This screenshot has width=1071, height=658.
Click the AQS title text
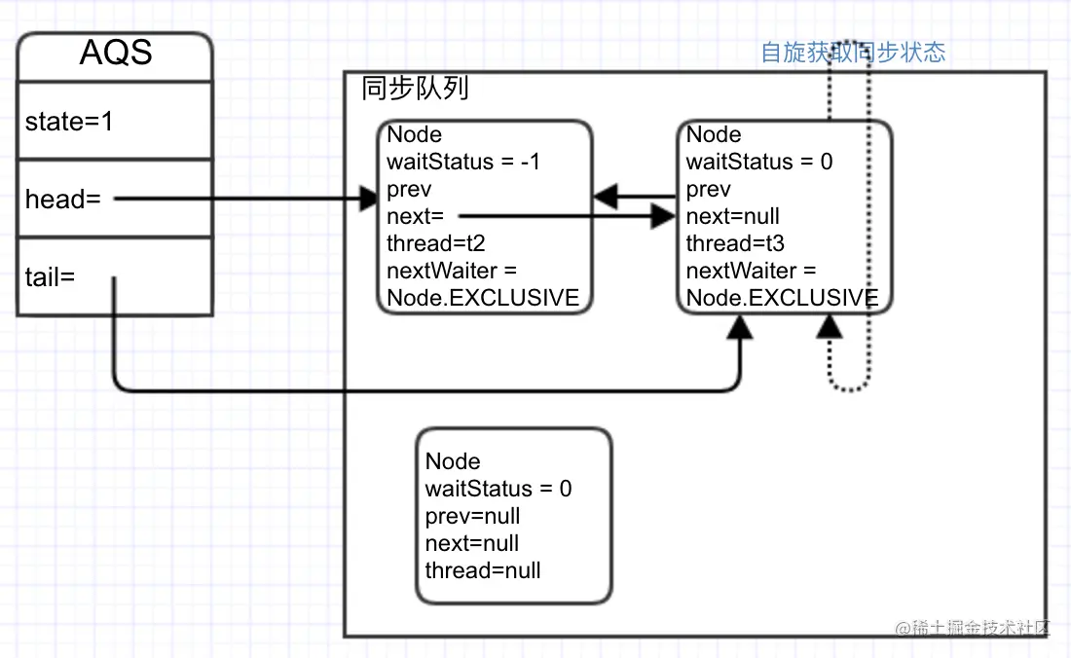[x=116, y=53]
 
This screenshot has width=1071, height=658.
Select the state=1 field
[x=69, y=122]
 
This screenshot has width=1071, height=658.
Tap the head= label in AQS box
[x=63, y=200]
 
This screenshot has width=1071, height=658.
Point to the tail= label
[x=50, y=277]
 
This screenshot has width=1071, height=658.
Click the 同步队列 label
[x=415, y=88]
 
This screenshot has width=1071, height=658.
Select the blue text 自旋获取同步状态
[x=853, y=52]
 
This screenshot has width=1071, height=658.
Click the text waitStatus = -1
[x=463, y=162]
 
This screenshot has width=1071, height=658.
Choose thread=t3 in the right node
[x=735, y=243]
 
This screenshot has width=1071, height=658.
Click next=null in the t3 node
[x=733, y=216]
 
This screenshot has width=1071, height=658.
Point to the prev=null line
[x=472, y=516]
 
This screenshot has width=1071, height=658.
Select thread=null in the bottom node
[x=483, y=570]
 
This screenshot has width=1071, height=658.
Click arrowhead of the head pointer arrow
[x=369, y=199]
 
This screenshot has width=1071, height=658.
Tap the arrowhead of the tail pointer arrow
[x=740, y=328]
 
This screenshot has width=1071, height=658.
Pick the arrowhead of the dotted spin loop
[x=830, y=327]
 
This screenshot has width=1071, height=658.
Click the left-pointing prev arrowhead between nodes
[x=606, y=197]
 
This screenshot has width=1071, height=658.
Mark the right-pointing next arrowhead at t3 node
[x=663, y=216]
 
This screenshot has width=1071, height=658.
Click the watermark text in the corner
[x=973, y=627]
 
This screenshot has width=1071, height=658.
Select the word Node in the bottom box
[x=453, y=461]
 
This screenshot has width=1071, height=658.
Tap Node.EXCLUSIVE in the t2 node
[x=483, y=298]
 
